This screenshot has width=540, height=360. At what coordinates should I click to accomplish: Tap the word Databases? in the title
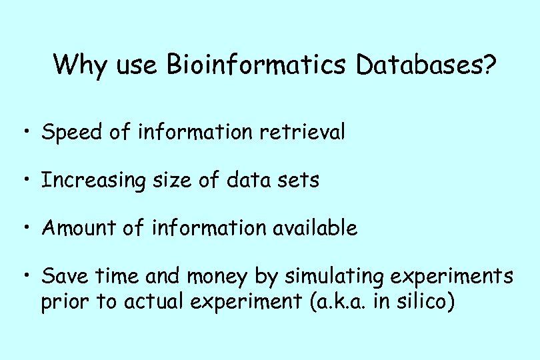coord(426,65)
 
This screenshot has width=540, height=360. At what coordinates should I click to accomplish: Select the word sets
coord(298,180)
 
